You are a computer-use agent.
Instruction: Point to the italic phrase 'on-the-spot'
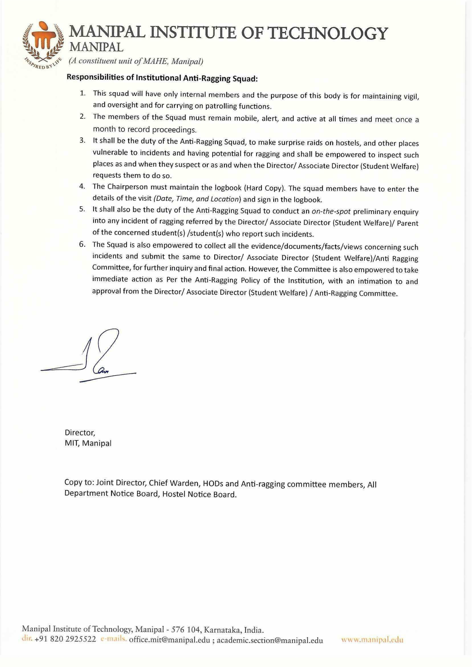(x=331, y=211)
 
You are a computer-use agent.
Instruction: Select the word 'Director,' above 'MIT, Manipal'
(x=80, y=432)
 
